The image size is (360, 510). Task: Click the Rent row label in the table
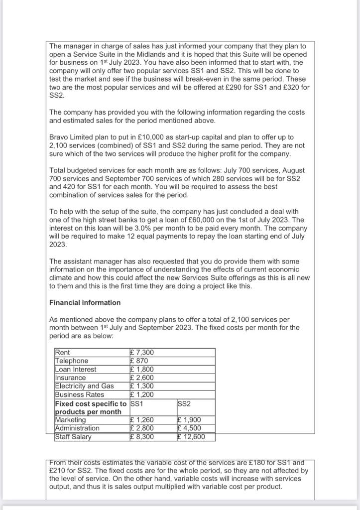[63, 353]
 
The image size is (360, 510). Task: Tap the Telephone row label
[72, 361]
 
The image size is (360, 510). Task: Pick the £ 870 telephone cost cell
[139, 361]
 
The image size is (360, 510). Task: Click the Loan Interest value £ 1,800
[142, 369]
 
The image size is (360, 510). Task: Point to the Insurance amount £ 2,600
[142, 378]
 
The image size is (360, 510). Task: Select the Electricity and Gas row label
[84, 386]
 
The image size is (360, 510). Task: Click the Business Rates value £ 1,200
[142, 394]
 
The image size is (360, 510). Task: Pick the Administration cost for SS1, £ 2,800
[142, 428]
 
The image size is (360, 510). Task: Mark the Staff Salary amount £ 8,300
[142, 437]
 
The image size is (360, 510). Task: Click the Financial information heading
[85, 302]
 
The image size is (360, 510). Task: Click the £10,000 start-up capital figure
[134, 136]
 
